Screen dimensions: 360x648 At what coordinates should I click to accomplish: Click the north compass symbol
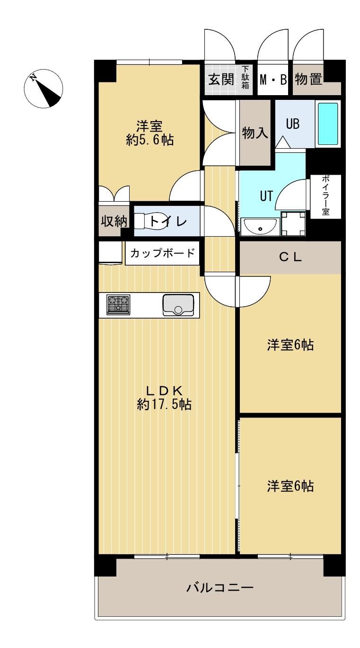[x=44, y=89]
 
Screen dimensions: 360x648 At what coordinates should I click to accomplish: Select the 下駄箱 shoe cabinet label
[x=245, y=77]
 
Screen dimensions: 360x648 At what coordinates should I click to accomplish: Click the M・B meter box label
[x=273, y=80]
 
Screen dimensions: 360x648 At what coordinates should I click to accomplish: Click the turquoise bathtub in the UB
[x=328, y=124]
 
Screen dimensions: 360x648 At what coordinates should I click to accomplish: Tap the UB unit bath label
[x=293, y=124]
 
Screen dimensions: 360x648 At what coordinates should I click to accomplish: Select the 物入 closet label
[x=255, y=133]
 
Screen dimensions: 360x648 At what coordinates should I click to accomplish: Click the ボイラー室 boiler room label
[x=325, y=195]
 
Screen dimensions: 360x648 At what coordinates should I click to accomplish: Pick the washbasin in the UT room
[x=260, y=226]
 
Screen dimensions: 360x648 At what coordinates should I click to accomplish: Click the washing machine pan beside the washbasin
[x=293, y=223]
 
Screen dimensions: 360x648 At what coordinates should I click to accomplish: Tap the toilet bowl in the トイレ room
[x=150, y=222]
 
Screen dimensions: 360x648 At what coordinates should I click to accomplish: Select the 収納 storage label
[x=114, y=222]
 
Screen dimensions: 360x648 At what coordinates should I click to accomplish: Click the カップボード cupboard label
[x=162, y=253]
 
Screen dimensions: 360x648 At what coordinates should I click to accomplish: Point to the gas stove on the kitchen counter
[x=118, y=305]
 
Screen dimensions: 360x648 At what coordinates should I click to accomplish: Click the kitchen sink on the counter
[x=178, y=305]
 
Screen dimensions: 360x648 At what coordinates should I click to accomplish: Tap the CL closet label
[x=290, y=257]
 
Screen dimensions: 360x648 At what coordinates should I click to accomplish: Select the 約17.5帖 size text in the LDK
[x=164, y=404]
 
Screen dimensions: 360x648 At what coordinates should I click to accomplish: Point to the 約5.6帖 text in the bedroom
[x=150, y=140]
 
